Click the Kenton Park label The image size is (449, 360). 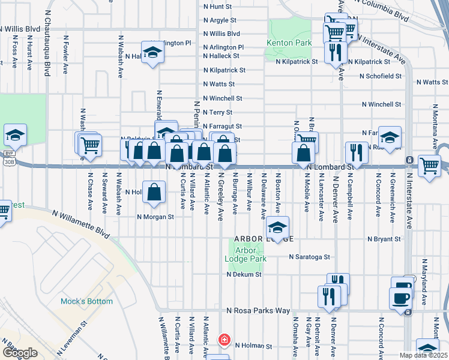coord(289,43)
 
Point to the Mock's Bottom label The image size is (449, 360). coord(82,301)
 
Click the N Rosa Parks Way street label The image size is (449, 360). coord(258,311)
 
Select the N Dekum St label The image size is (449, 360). coord(244,274)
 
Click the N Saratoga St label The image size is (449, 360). coord(309,257)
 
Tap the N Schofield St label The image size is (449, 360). coord(380,76)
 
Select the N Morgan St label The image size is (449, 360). coord(155,217)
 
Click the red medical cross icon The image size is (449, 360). coord(224,340)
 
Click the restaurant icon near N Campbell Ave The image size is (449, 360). coord(357,153)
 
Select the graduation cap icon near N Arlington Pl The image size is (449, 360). coord(152,52)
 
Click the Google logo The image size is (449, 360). coord(19,353)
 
